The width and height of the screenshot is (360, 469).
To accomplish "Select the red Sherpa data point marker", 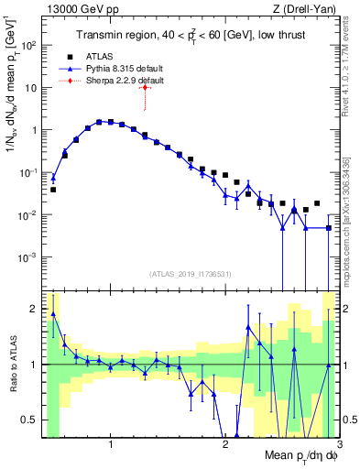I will (145, 87).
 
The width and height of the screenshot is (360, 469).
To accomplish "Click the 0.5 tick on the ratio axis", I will (32, 420).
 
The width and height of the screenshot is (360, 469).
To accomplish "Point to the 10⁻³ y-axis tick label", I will (28, 257).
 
